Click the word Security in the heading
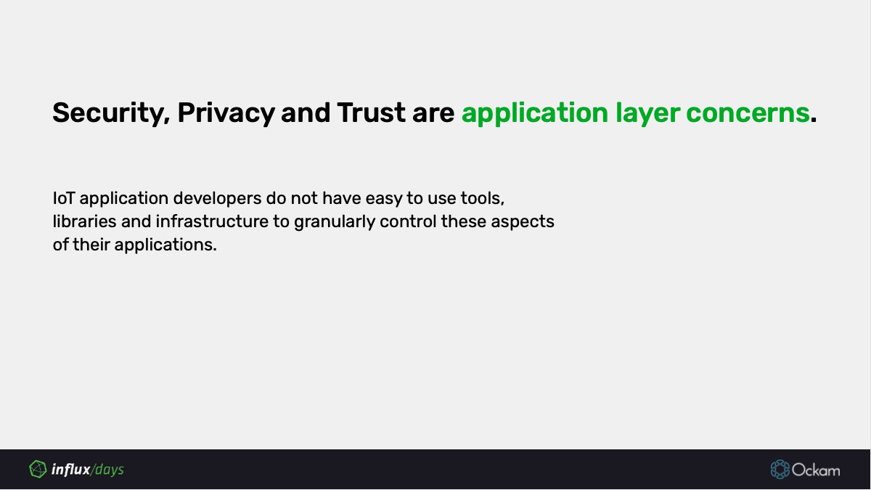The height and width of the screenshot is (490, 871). [x=108, y=114]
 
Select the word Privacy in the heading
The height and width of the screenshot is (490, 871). [x=226, y=114]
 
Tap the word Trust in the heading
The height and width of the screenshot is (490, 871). [x=367, y=113]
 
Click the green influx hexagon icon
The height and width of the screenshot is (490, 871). [x=37, y=470]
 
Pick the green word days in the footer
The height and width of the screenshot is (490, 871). [x=109, y=470]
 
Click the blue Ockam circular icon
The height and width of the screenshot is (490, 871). [x=780, y=470]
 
